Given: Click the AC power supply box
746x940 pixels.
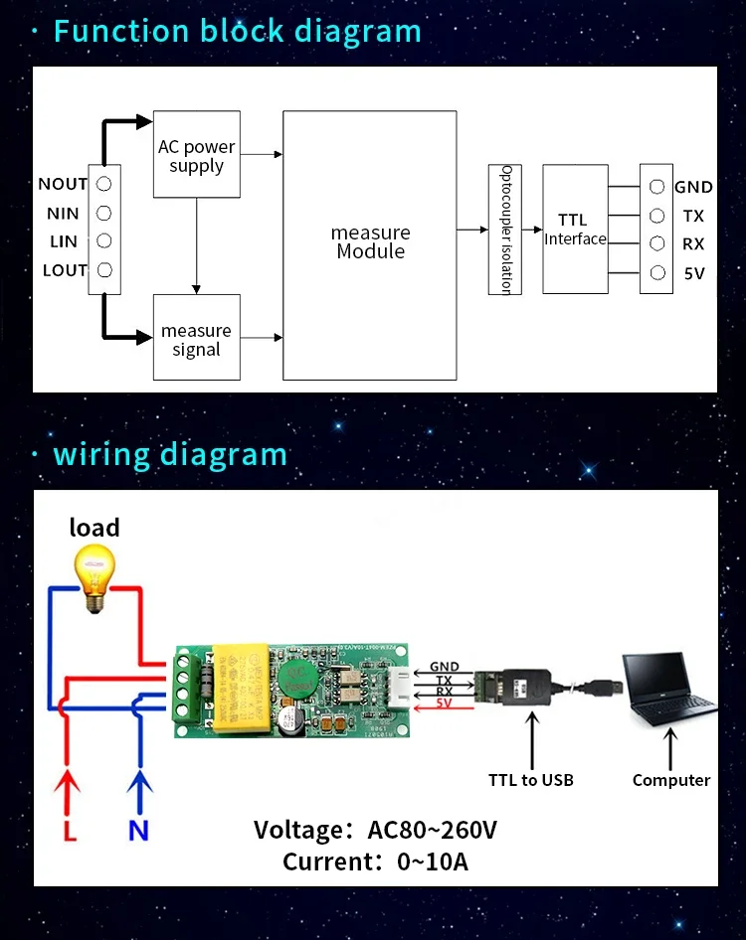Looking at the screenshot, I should point(196,154).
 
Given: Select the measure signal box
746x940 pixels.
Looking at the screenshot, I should point(196,337).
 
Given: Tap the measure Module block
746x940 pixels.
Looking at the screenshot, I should point(370,244).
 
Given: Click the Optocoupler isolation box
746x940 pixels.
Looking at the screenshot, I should point(504,230).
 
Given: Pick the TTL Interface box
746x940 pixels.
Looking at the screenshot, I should point(575,230).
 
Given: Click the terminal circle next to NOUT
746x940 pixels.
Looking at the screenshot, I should point(103,184).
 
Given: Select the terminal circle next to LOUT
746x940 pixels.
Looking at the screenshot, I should point(103,270).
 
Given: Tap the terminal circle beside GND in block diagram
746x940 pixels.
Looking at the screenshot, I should point(656,186).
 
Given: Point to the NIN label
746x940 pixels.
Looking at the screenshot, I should point(63,213).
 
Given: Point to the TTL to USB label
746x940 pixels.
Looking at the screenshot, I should point(530,780).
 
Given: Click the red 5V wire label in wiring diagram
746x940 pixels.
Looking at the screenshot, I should point(445,705).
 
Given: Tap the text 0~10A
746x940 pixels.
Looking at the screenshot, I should point(431,862).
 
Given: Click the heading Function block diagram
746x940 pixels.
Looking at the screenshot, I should point(237,31).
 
